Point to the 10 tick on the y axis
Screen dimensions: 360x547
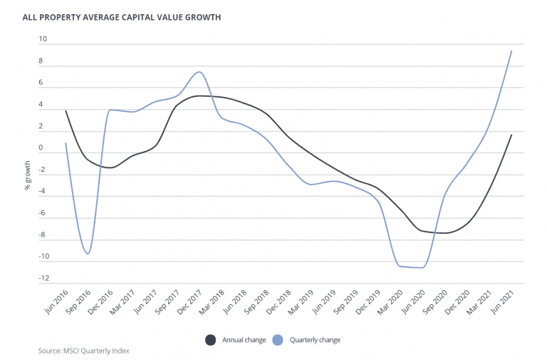[x=41, y=40]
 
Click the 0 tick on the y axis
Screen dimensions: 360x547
[x=41, y=149]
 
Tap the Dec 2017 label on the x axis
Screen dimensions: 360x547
[x=189, y=300]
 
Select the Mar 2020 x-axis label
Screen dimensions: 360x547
[x=390, y=300]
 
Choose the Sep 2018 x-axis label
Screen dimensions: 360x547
[x=256, y=300]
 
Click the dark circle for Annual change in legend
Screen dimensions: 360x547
[x=211, y=340]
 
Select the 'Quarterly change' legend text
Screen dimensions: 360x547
[x=315, y=340]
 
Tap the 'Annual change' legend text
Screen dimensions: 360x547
[x=244, y=340]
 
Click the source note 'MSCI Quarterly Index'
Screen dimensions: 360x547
[x=84, y=351]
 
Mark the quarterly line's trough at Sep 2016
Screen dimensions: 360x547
[x=88, y=254]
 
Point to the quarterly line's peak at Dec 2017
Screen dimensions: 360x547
[x=199, y=72]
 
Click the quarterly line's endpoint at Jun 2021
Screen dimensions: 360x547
[x=511, y=51]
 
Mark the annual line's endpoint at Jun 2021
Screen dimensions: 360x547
[x=511, y=134]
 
